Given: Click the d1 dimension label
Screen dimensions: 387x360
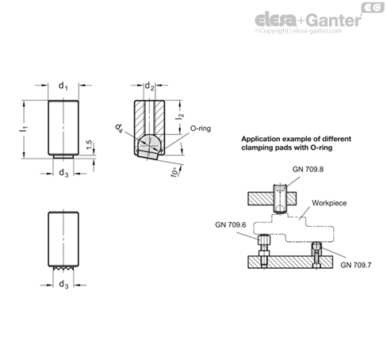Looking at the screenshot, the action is (63, 86).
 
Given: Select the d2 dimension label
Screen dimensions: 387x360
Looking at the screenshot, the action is (149, 86).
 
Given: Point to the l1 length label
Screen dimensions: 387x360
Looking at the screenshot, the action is (24, 129).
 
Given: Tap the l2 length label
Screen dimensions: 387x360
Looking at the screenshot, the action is (179, 116).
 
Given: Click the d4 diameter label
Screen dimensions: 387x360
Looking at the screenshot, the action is (120, 128).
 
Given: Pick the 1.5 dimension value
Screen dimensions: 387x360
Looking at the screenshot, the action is (90, 144).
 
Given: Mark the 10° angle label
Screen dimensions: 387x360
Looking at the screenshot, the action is (175, 172).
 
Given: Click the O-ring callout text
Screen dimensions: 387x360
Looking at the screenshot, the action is (201, 128).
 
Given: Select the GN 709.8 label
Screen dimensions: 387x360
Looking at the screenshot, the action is (308, 169).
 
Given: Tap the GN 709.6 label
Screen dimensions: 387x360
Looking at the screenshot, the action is (231, 224).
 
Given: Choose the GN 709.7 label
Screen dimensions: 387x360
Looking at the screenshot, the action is (356, 265).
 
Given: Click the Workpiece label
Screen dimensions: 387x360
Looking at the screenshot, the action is (329, 203).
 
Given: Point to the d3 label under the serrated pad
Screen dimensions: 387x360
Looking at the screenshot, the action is (63, 285).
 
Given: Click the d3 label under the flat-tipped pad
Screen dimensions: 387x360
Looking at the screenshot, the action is (63, 173).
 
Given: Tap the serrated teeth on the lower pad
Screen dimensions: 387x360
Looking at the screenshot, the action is (63, 268).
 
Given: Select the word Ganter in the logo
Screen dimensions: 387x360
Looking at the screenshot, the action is (335, 20).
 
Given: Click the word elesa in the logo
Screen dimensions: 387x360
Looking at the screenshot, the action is (276, 20).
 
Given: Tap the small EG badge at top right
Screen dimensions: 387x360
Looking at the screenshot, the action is (373, 7).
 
